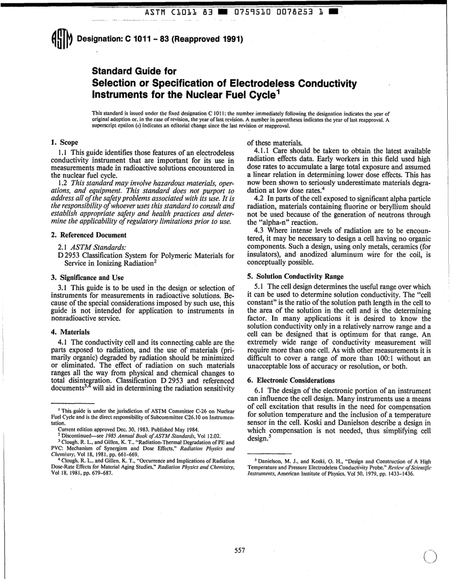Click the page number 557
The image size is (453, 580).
click(x=239, y=550)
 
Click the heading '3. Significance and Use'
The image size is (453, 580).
click(x=87, y=277)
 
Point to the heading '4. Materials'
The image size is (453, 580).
click(x=70, y=331)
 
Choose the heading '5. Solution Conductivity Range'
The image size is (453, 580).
click(x=295, y=276)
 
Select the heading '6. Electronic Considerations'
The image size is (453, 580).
click(x=291, y=380)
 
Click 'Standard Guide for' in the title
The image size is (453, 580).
click(x=134, y=72)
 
